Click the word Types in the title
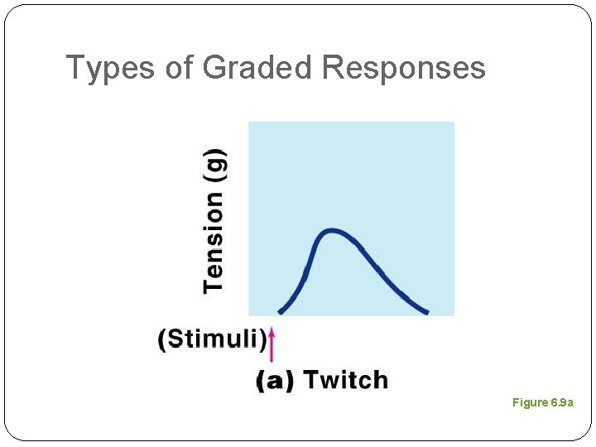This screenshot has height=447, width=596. tap(111, 68)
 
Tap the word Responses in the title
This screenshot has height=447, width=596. tap(403, 68)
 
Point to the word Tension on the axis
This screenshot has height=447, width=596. tap(214, 242)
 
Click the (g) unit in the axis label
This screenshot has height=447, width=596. tap(214, 166)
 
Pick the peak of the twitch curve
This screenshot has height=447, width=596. tap(331, 230)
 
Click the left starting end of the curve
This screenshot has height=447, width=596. tap(280, 312)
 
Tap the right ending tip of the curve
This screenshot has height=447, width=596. tap(426, 312)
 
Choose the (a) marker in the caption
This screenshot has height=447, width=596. tap(275, 381)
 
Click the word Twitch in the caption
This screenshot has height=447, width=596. tap(345, 381)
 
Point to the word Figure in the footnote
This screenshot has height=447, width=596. tap(530, 402)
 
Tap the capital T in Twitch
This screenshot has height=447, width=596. tap(310, 381)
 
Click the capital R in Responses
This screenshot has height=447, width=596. tap(333, 68)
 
